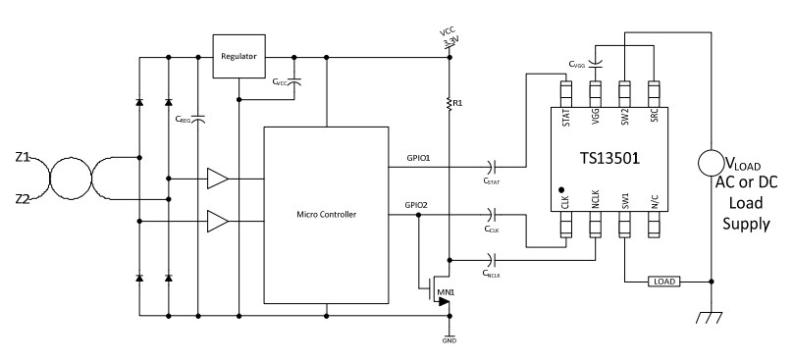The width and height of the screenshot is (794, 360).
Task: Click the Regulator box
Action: (239, 57)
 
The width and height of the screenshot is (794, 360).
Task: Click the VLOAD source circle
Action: (710, 163)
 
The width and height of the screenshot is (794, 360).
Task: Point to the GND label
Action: (449, 342)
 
